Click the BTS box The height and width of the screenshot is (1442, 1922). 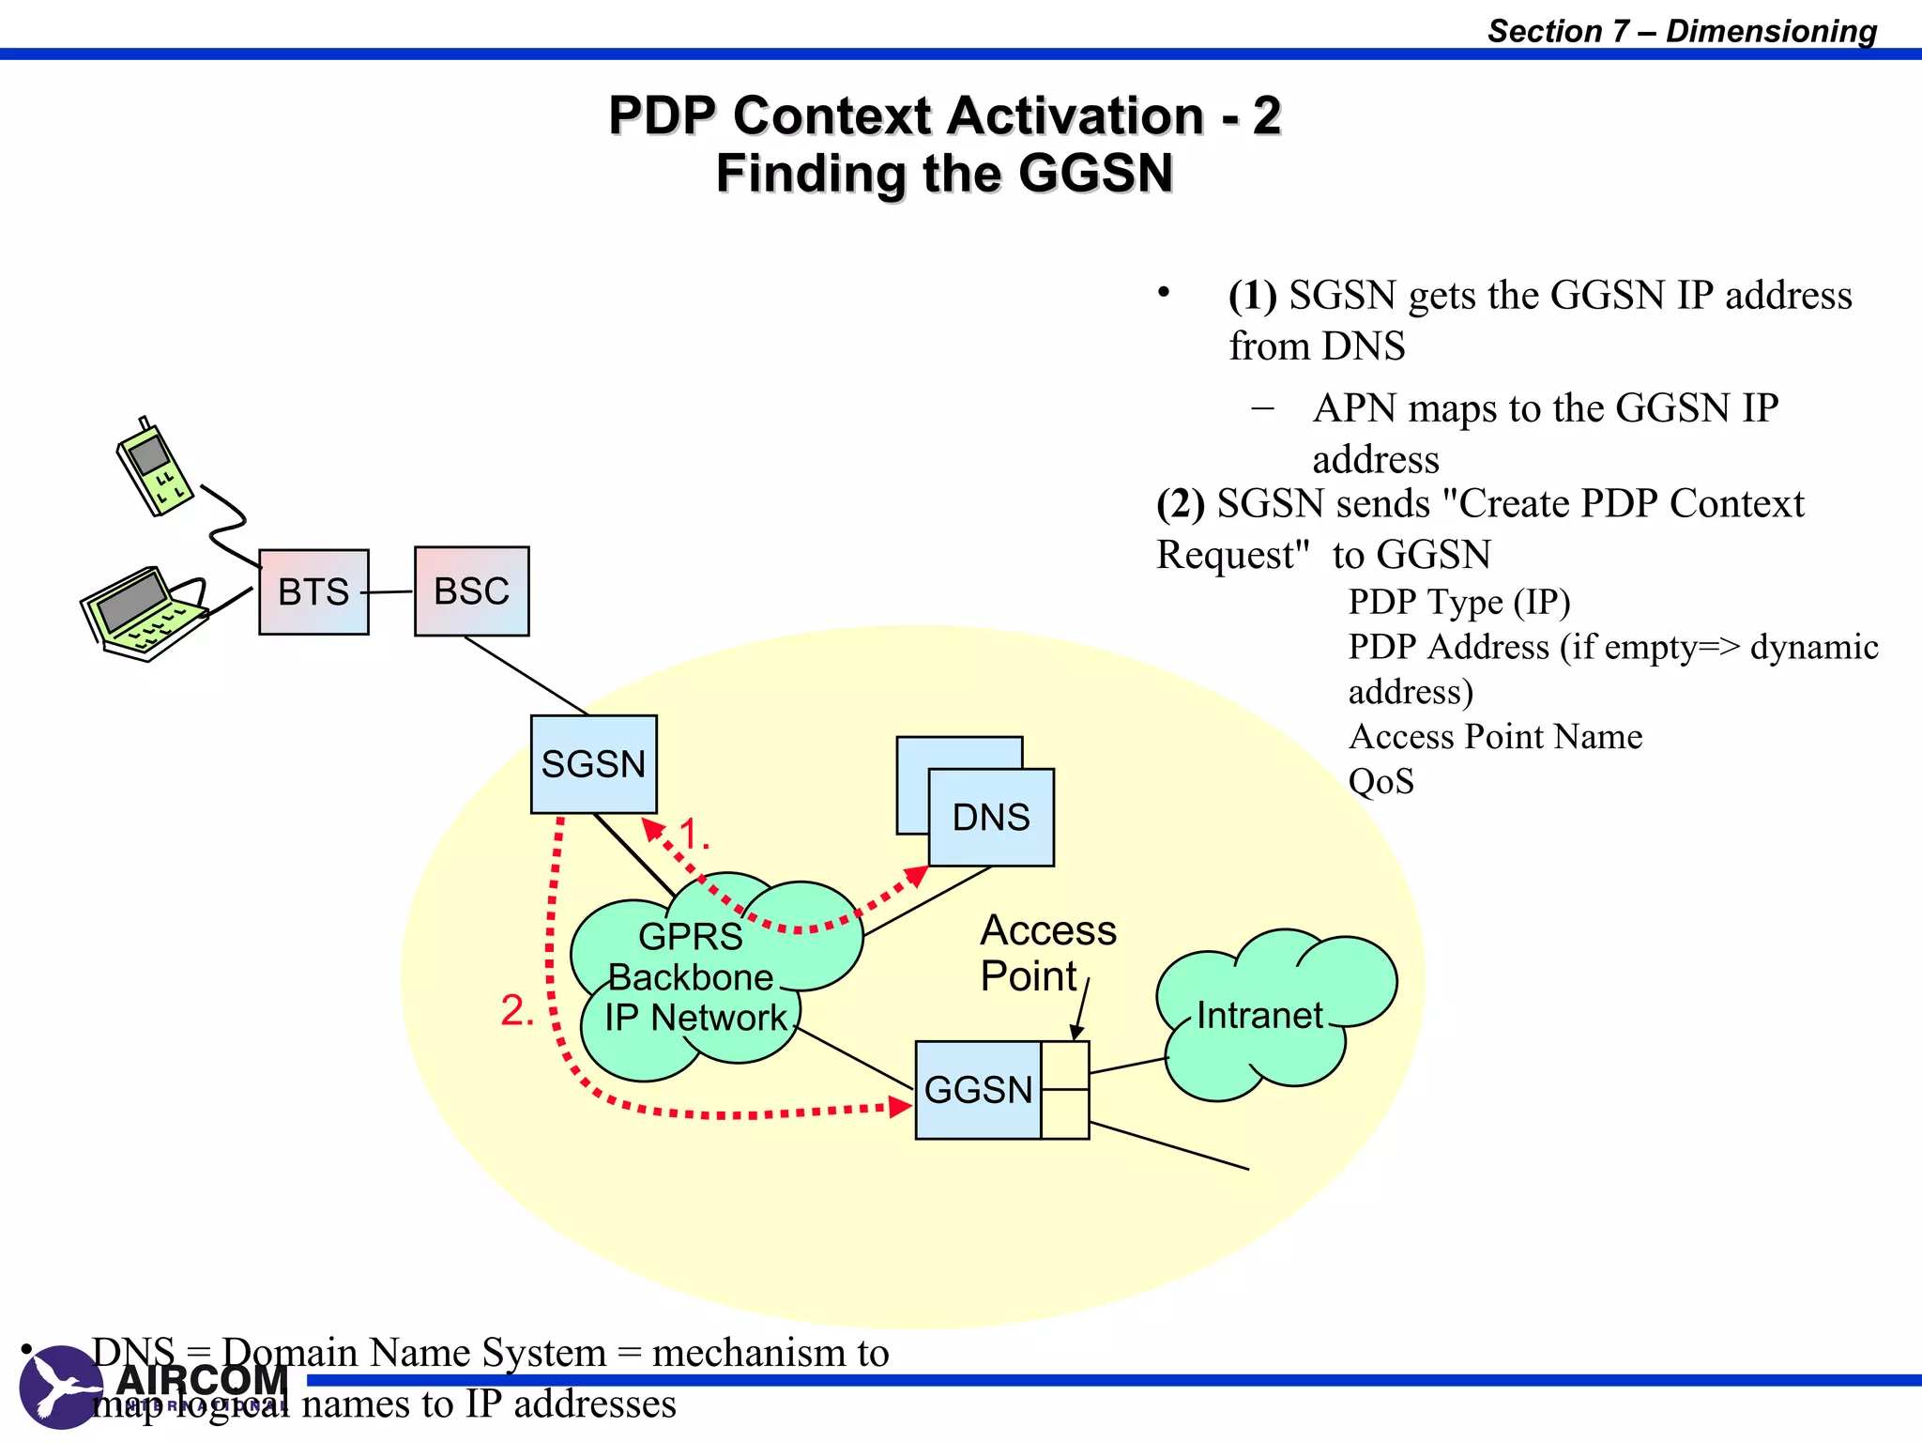click(313, 592)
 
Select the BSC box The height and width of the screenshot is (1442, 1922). click(471, 591)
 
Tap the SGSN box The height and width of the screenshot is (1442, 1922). click(593, 764)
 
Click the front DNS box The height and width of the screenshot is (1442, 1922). click(991, 817)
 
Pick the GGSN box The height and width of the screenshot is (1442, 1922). click(978, 1090)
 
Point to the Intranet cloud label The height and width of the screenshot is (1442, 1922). click(1259, 1016)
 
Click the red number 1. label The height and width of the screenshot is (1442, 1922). click(694, 834)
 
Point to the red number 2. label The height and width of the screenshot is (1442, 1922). click(517, 1011)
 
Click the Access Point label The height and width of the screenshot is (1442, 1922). click(1046, 952)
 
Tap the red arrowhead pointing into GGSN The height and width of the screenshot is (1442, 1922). click(901, 1107)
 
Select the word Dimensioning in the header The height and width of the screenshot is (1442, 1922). click(1771, 31)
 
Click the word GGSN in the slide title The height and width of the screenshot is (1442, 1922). click(1095, 174)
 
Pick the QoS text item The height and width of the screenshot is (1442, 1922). click(1380, 781)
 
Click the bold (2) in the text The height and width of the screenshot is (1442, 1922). click(1181, 504)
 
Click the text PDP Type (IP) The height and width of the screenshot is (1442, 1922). click(1458, 602)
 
